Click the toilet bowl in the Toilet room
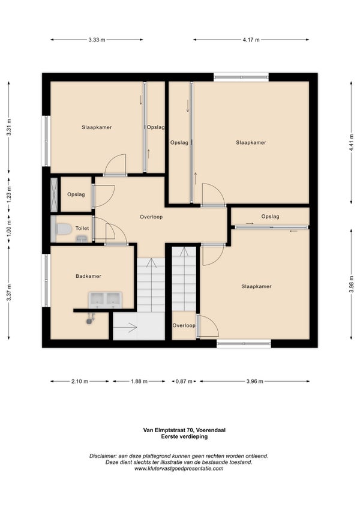tap(64, 229)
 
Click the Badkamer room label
tap(88, 276)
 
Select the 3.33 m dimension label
tap(97, 40)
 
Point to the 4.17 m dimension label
tap(251, 40)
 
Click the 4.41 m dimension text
tap(351, 142)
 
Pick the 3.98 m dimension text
tap(351, 285)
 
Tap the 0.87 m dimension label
tap(184, 381)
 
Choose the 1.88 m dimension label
tap(139, 381)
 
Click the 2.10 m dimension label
tap(80, 381)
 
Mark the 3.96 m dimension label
tap(254, 381)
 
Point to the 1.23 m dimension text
tap(9, 194)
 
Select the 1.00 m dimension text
tap(9, 228)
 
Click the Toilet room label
tap(82, 228)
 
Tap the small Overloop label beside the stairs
tap(184, 325)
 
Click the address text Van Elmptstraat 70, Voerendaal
tap(184, 430)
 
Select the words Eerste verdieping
tap(184, 436)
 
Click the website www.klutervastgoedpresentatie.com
tap(179, 468)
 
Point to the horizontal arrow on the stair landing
tap(125, 328)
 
